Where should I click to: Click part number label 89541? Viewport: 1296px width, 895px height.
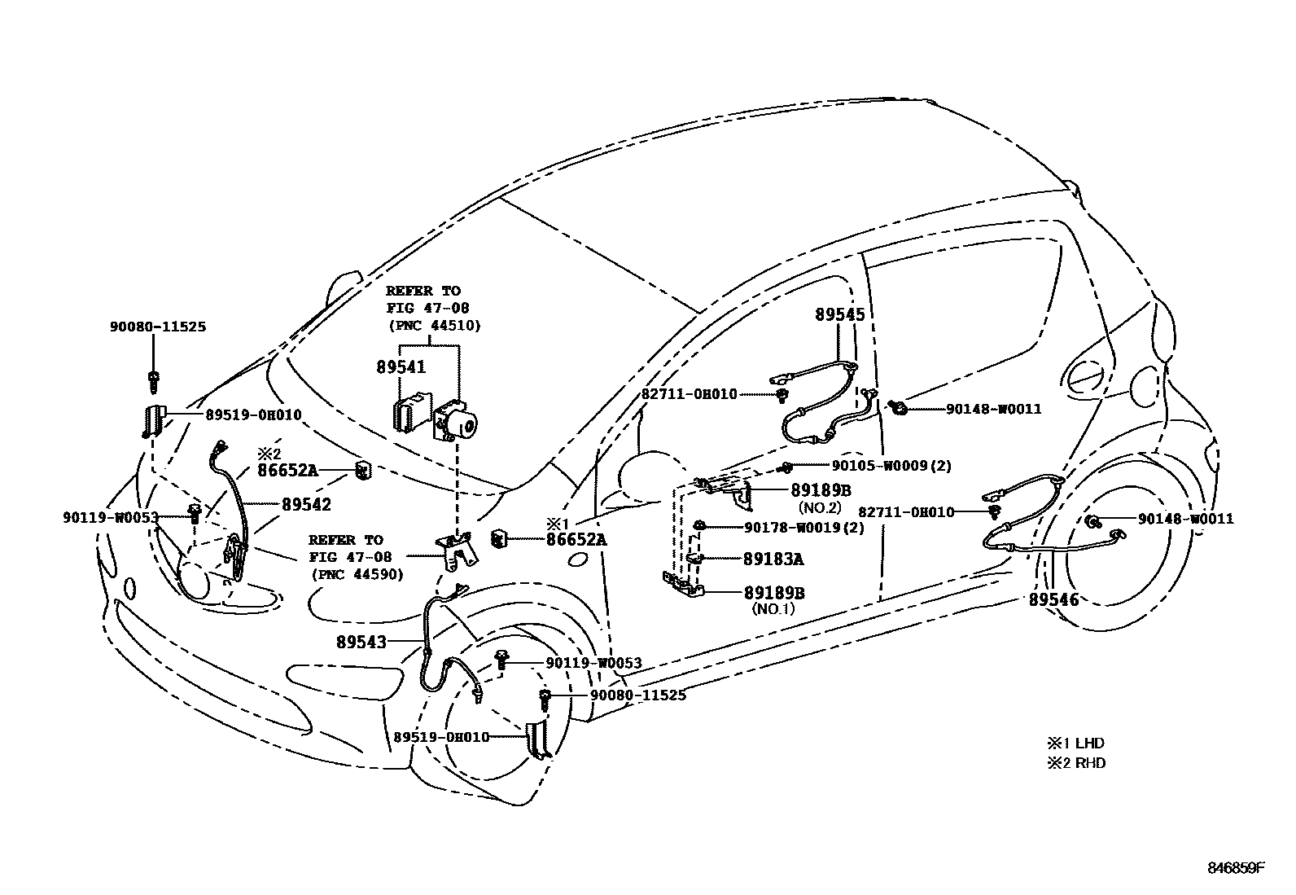401,367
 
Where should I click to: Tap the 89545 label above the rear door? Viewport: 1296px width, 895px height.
839,314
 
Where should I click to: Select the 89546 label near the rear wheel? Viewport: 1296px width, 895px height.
1053,600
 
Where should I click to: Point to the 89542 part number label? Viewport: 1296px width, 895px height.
306,505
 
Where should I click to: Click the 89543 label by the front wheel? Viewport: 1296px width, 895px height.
361,642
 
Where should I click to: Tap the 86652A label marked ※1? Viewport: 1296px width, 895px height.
576,538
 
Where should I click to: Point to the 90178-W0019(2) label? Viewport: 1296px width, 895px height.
804,527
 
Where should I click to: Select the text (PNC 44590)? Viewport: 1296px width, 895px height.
355,573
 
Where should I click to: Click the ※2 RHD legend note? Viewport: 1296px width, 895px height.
1075,763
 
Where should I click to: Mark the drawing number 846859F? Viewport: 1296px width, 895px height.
1235,868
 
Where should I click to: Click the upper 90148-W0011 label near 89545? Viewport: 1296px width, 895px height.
993,409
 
